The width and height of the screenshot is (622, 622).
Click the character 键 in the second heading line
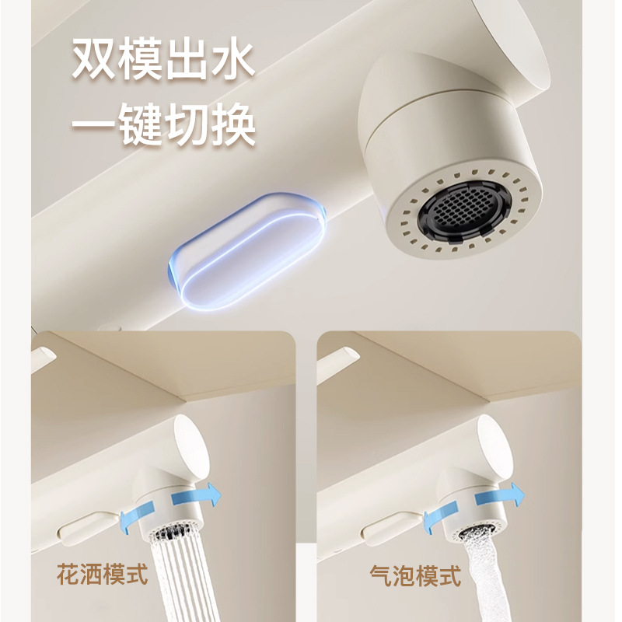click(141, 124)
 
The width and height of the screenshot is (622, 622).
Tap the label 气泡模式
click(416, 576)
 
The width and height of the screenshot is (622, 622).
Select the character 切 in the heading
click(187, 124)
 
